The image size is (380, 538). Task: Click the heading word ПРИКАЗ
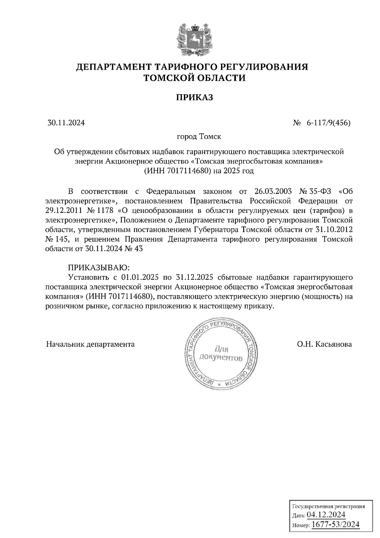[194, 97]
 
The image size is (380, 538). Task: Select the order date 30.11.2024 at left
[66, 123]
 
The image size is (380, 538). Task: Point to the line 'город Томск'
[199, 137]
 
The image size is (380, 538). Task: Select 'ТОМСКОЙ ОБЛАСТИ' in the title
[194, 78]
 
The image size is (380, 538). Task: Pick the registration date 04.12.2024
[326, 514]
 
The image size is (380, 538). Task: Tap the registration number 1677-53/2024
[336, 524]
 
